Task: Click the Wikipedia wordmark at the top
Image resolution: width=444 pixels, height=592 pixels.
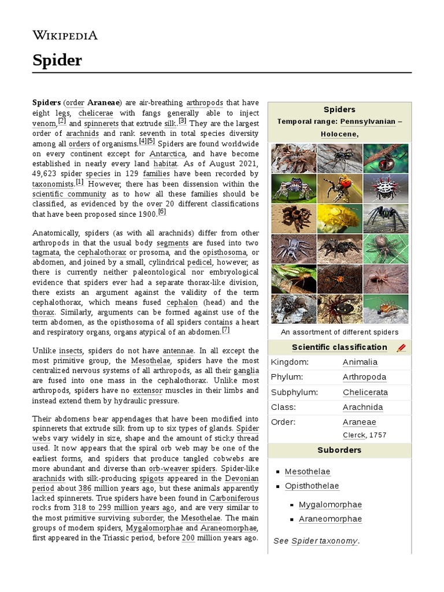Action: tap(65, 35)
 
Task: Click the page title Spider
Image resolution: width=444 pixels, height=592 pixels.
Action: tap(57, 60)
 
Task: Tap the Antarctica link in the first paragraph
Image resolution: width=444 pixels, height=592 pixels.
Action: tap(167, 154)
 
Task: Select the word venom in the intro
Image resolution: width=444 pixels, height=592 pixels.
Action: tap(44, 123)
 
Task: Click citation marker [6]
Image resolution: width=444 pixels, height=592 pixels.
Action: tap(162, 212)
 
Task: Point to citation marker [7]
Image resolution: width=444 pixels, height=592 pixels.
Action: tap(226, 330)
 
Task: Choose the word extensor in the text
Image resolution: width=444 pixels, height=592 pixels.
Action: tap(164, 390)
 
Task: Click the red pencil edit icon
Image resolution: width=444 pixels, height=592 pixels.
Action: tap(402, 347)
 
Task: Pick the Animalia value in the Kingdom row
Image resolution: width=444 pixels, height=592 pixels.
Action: tap(360, 362)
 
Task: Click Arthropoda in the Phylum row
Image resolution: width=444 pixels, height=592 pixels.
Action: tap(364, 377)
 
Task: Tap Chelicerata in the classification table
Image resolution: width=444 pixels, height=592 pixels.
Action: tap(365, 392)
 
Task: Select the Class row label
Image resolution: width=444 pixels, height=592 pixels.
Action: tap(283, 407)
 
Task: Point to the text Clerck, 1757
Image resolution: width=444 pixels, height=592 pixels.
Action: tap(364, 435)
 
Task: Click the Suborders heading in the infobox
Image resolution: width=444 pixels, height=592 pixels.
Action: tap(339, 450)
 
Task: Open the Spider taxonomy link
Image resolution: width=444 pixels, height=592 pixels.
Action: tap(324, 541)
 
